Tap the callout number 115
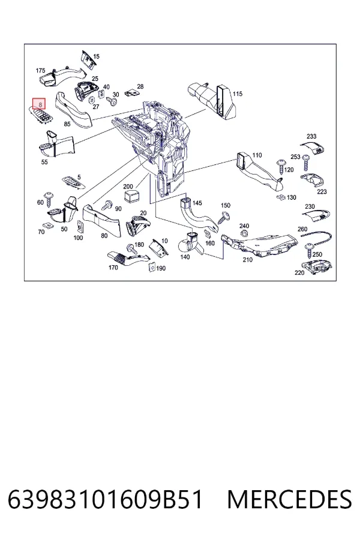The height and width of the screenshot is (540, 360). pos(238,94)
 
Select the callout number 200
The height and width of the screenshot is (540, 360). pos(128,187)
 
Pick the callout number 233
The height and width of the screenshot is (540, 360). pos(311,136)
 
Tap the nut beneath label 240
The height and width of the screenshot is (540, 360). pos(243,234)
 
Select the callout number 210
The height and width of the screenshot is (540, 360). pos(248,260)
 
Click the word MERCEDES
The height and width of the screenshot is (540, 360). pos(289,500)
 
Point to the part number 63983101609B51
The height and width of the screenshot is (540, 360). pos(105,500)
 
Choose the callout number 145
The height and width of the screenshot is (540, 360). pos(197,203)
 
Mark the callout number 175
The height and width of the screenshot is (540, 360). pos(40,71)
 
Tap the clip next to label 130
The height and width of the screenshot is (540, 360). pos(280,197)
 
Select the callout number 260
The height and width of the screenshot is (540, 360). pos(302,229)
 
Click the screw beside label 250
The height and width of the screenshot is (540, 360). pos(309,251)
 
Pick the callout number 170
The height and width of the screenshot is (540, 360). pos(113,268)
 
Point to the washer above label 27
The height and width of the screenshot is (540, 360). pos(92,100)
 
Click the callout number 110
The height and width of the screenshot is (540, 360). pos(257,155)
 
